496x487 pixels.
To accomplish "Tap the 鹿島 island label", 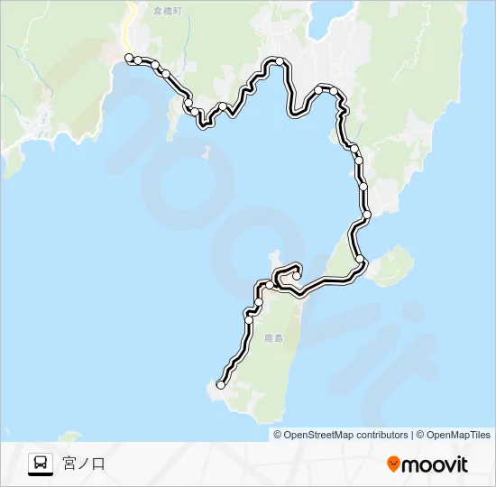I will (274, 338).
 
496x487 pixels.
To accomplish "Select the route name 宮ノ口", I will (84, 464).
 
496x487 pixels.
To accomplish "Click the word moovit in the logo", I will (435, 464).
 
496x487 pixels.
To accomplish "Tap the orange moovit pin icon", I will (393, 464).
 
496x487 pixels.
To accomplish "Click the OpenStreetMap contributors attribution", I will (345, 435).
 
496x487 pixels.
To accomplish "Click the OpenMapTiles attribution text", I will (458, 435).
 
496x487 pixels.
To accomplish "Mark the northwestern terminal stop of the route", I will (129, 58).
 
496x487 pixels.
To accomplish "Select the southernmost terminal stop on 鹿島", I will (221, 385).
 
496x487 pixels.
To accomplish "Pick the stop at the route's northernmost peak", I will (280, 61).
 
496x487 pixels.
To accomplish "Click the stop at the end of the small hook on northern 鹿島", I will (296, 275).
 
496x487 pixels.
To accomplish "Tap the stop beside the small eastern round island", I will (361, 260).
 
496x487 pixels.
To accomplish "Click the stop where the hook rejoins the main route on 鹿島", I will (270, 285).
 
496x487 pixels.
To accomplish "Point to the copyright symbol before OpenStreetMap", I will (279, 435).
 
